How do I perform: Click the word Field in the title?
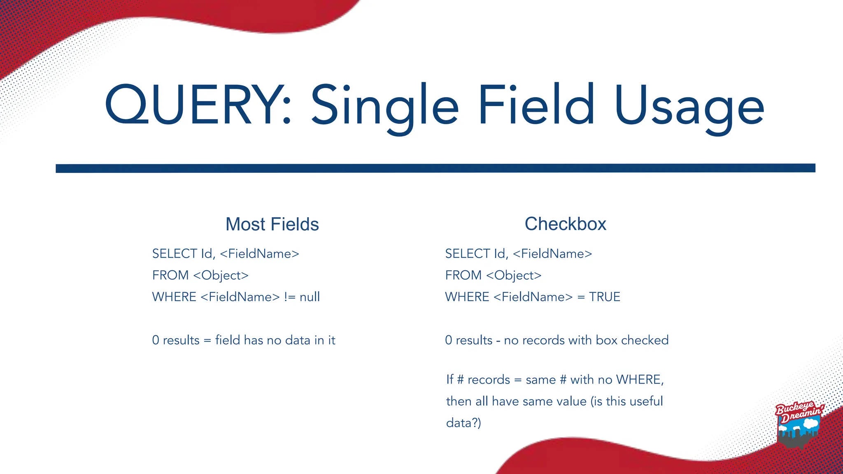(x=536, y=105)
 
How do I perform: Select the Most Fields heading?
(x=272, y=224)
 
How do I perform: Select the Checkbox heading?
(x=565, y=224)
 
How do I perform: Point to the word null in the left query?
(x=310, y=297)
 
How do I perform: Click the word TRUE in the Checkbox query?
(x=604, y=297)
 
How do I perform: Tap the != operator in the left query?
(x=290, y=297)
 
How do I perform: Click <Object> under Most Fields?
(x=221, y=275)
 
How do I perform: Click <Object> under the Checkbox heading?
(x=514, y=275)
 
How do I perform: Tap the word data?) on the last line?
(x=463, y=423)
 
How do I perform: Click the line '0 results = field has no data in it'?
(x=244, y=340)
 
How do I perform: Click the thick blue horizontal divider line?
(x=435, y=168)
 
